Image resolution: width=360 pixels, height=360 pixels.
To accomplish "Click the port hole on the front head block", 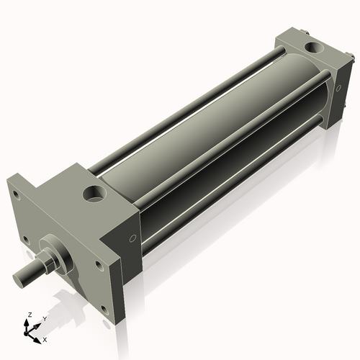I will (x=94, y=193).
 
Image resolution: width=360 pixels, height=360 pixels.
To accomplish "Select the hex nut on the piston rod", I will (x=45, y=259).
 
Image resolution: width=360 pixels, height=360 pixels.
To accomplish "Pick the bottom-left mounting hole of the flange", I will (x=26, y=241).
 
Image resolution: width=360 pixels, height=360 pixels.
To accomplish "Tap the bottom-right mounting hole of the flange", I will (x=104, y=310).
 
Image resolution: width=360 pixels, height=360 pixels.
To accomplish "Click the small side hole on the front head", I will (x=132, y=238).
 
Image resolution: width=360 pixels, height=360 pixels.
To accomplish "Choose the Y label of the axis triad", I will (x=44, y=318).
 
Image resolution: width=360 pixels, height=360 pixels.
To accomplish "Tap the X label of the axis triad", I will (x=45, y=338).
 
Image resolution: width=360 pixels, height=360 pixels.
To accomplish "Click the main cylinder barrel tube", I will (x=216, y=130).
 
